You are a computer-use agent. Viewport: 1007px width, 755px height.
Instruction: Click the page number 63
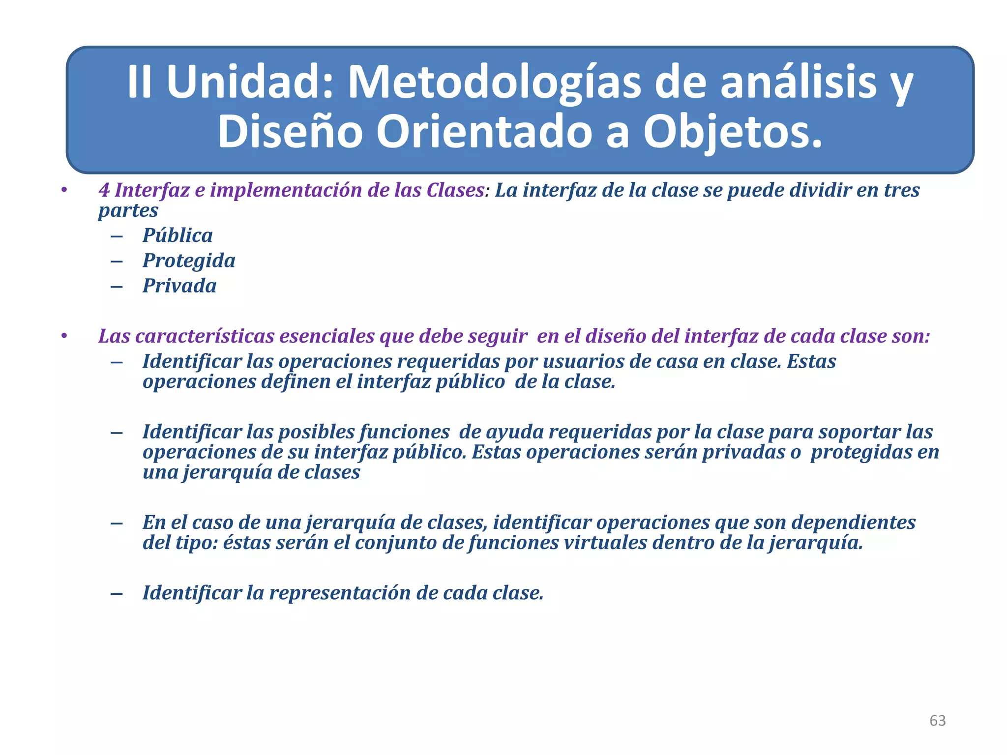(x=937, y=721)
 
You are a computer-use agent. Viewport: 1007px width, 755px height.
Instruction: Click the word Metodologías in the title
(x=494, y=83)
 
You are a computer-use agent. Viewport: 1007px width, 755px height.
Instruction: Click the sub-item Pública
(x=178, y=235)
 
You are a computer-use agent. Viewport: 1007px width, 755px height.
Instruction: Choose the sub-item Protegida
(x=189, y=261)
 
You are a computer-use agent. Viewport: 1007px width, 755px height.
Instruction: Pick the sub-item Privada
(x=179, y=286)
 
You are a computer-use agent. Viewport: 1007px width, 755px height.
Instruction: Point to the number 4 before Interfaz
(x=104, y=190)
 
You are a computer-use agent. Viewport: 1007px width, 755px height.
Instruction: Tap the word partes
(x=128, y=210)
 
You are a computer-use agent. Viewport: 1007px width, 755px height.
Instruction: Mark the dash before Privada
(x=117, y=287)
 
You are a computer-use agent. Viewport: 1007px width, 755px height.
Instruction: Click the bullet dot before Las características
(x=63, y=336)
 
